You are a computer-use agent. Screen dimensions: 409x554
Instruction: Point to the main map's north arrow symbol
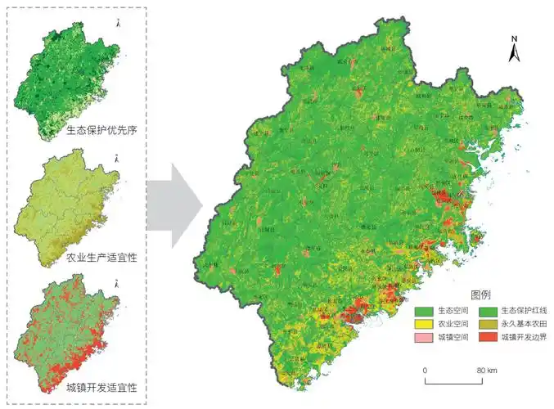point(515,54)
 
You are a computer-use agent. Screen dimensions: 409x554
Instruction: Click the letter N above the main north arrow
point(515,39)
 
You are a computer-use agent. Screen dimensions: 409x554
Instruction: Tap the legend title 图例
point(480,294)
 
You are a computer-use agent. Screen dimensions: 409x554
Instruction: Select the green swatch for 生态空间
point(423,311)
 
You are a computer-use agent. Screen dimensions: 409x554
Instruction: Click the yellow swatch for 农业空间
point(423,324)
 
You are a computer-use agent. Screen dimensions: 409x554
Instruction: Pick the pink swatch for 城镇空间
point(423,336)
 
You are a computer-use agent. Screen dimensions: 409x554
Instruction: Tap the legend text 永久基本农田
point(520,324)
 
